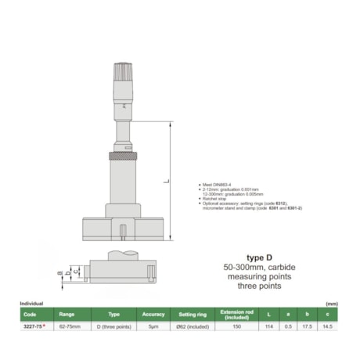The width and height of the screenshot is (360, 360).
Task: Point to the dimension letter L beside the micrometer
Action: tap(165, 181)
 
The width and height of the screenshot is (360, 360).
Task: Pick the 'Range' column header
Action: tap(67, 313)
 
